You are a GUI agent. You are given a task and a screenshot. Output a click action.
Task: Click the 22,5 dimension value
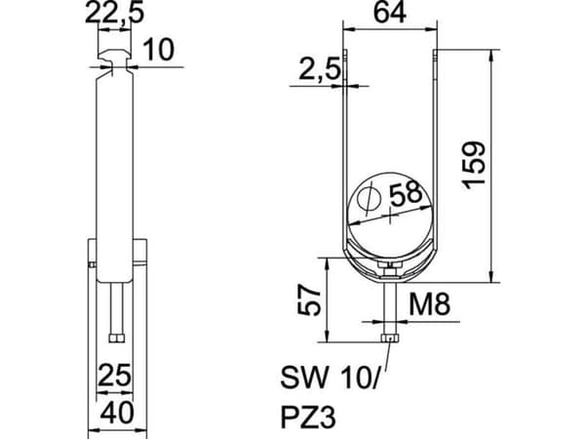click(114, 12)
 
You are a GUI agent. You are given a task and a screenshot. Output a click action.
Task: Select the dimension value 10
click(159, 50)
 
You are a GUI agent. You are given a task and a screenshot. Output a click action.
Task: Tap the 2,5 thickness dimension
click(320, 70)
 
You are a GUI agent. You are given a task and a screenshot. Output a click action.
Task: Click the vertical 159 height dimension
click(474, 165)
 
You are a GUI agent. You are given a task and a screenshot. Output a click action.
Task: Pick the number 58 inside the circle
click(406, 194)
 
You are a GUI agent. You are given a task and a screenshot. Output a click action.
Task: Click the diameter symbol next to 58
click(369, 198)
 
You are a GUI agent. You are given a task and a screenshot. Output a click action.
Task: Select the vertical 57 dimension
click(309, 300)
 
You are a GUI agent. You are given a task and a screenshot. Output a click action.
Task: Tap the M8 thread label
click(430, 304)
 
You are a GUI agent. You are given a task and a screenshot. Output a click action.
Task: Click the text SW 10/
click(330, 379)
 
